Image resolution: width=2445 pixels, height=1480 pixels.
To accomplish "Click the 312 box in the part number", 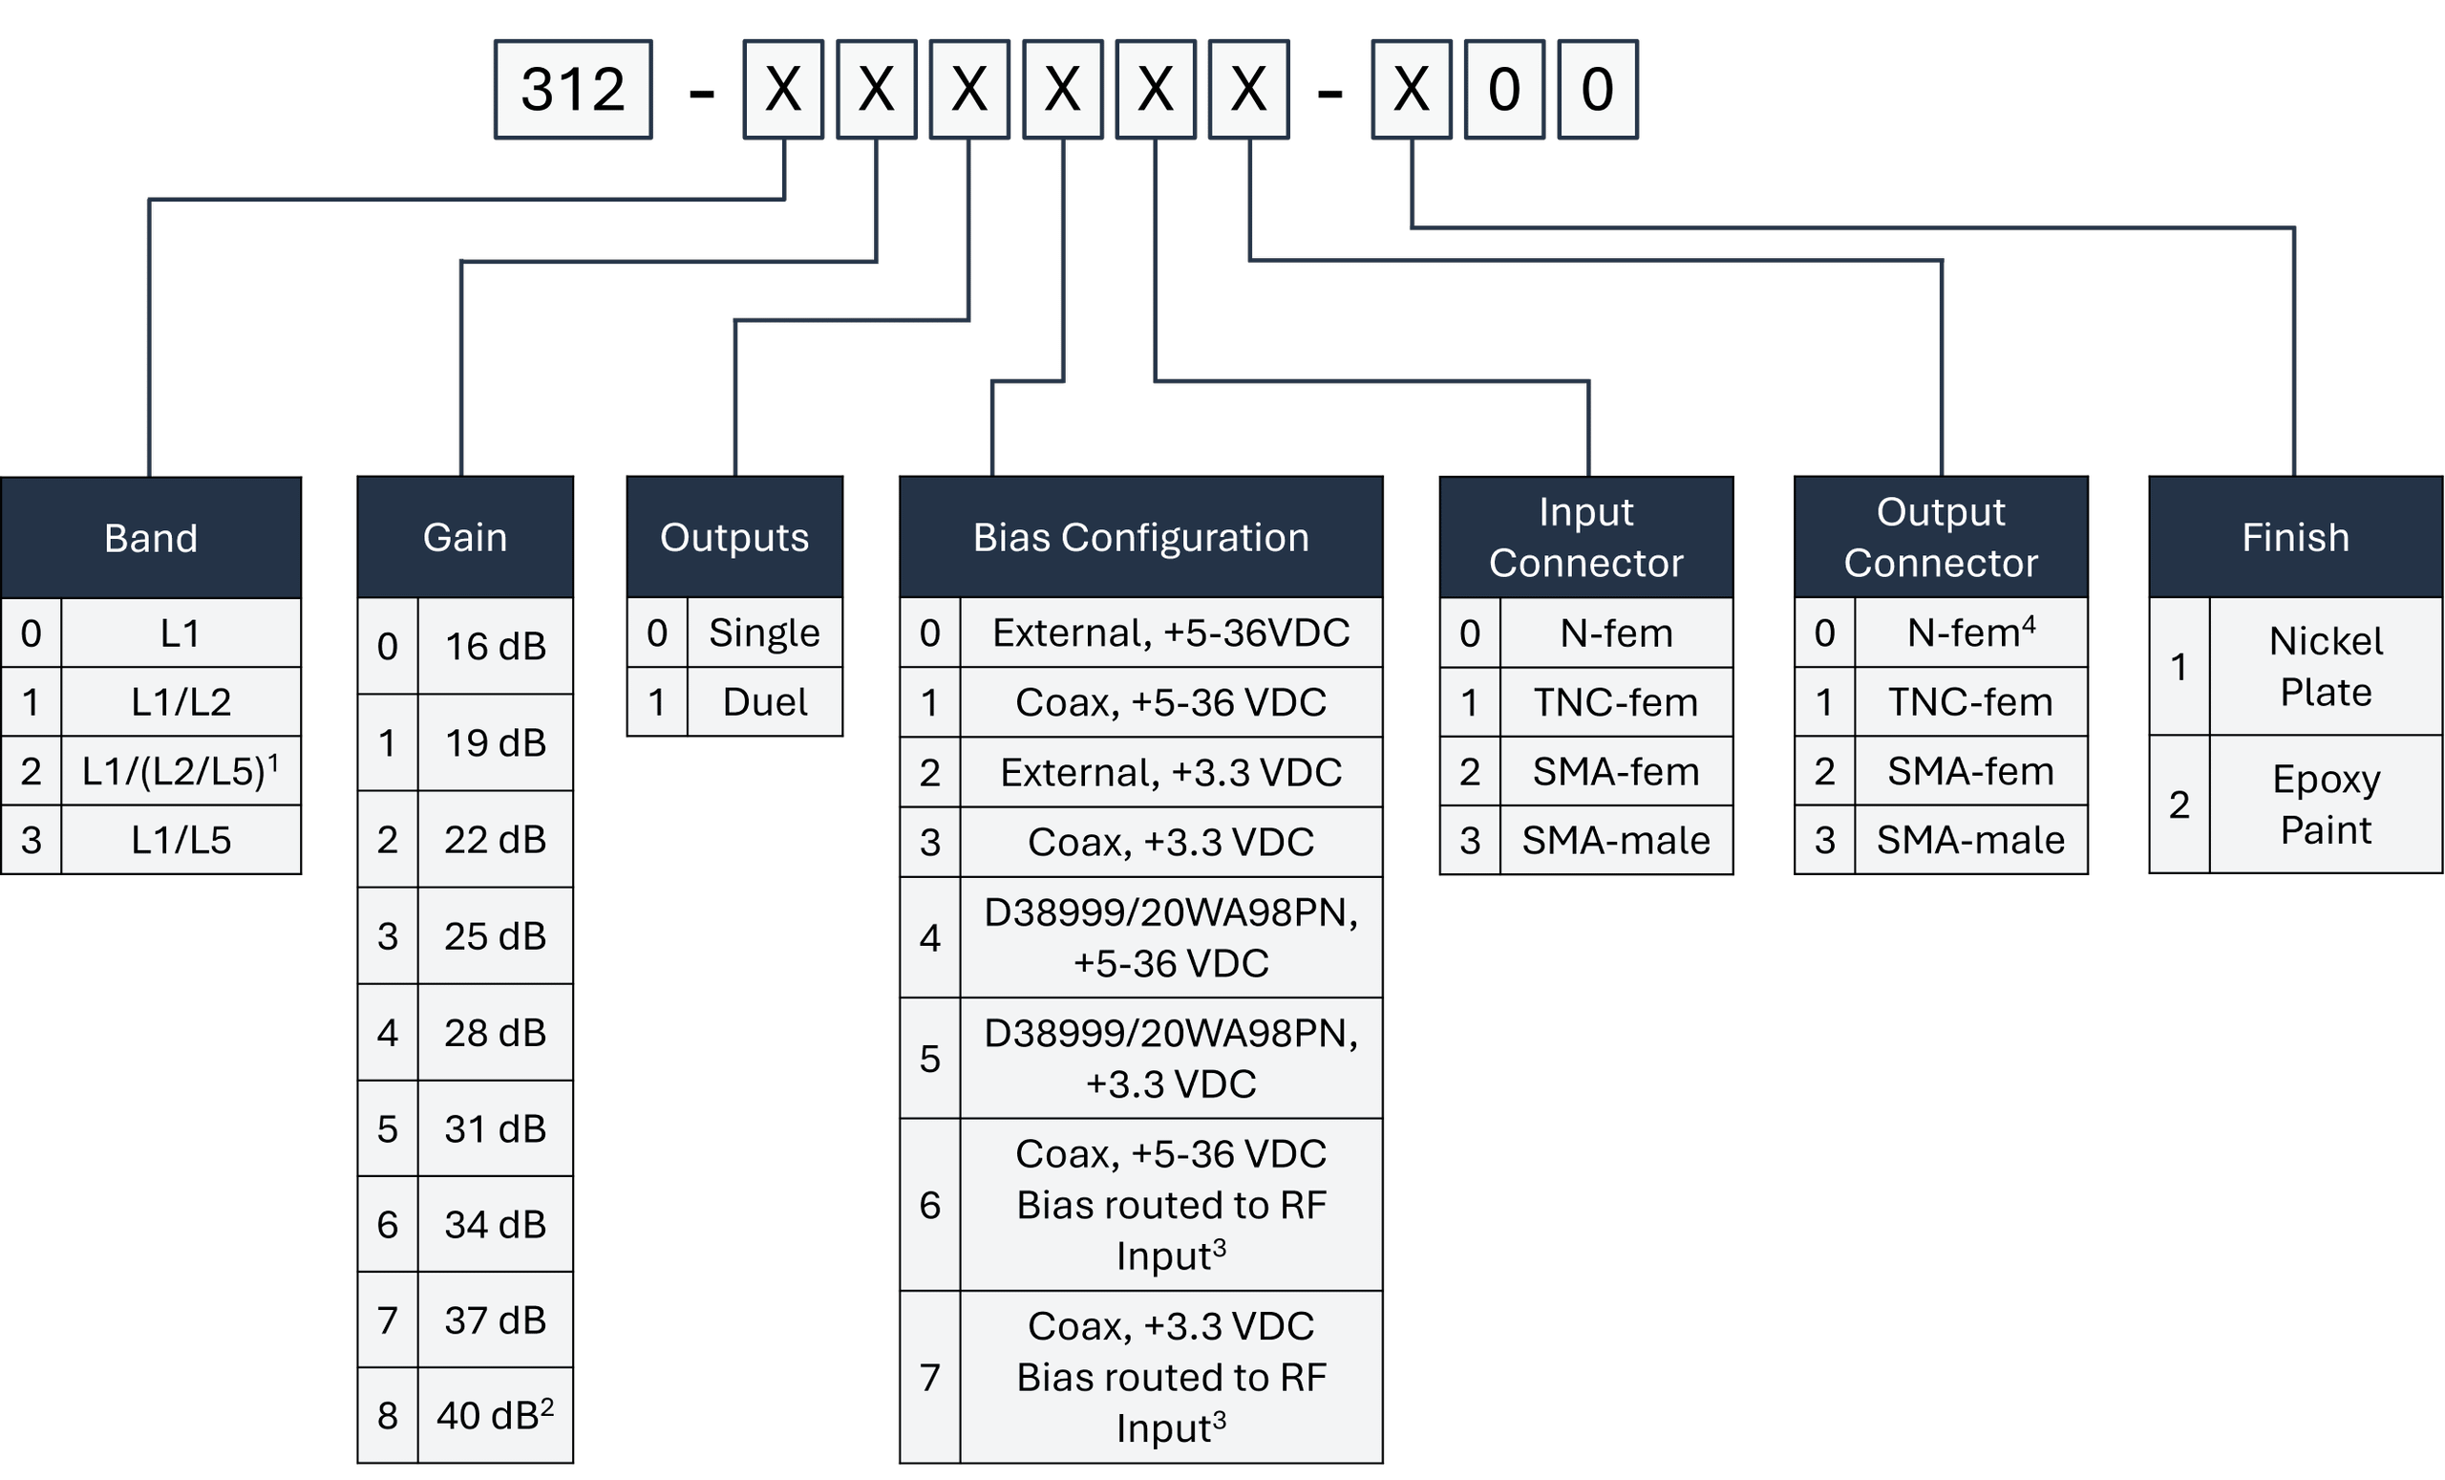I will (574, 90).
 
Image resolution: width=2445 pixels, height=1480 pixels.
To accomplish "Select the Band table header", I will (151, 537).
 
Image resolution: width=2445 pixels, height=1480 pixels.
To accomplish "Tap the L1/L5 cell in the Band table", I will (181, 840).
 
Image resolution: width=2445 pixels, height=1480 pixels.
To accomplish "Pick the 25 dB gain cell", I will (494, 935).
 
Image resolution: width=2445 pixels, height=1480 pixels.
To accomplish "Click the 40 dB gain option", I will (494, 1414).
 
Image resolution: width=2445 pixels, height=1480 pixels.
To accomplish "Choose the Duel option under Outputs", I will (764, 702).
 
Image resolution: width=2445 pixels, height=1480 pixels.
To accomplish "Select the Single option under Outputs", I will (764, 633).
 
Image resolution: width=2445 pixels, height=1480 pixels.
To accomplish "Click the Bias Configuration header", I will (1141, 537).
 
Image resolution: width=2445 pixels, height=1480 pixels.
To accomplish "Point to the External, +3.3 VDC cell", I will (1171, 772).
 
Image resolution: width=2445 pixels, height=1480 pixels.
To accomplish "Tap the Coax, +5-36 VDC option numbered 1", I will (1171, 702).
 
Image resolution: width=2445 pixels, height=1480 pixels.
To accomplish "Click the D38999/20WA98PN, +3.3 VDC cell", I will (1171, 1058).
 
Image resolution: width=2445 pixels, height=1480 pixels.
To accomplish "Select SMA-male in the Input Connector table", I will (1615, 840).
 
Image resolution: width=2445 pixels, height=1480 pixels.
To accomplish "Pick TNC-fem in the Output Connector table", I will (1969, 702).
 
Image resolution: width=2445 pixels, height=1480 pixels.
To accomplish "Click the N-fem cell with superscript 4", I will (1969, 633).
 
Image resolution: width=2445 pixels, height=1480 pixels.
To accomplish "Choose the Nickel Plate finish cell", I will (2325, 666).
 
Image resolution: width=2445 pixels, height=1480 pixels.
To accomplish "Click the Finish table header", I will (2295, 537).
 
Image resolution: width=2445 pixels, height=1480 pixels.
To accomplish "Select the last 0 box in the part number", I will (1598, 90).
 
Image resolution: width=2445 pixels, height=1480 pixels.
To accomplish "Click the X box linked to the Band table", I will (783, 90).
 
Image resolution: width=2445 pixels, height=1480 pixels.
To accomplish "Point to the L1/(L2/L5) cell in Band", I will (181, 770).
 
